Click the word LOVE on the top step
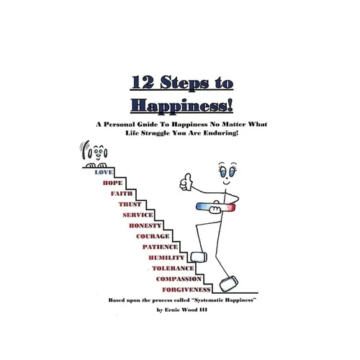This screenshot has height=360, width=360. tap(104, 172)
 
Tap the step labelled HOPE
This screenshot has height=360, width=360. tap(112, 183)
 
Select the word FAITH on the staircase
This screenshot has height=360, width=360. tap(122, 194)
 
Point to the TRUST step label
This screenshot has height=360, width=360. tap(130, 204)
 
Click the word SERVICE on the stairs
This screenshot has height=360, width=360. tap(138, 215)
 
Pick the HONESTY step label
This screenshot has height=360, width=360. tap(145, 225)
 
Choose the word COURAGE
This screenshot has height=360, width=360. tap(153, 236)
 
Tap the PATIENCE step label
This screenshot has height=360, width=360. tap(160, 247)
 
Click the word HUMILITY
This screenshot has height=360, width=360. tap(166, 258)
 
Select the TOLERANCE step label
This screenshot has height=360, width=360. tap(173, 269)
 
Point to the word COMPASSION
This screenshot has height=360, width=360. tap(179, 279)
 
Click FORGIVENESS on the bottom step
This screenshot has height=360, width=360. tap(186, 289)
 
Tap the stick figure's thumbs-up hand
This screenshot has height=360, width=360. tap(186, 182)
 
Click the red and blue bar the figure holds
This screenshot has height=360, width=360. tap(215, 207)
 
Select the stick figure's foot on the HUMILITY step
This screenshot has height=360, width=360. tap(199, 257)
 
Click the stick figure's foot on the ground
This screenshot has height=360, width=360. tap(229, 284)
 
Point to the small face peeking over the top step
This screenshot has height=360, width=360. tap(97, 152)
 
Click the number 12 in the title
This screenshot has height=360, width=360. tap(143, 82)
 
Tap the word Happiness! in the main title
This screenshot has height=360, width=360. tap(181, 106)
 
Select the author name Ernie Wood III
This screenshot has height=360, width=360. tap(186, 310)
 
